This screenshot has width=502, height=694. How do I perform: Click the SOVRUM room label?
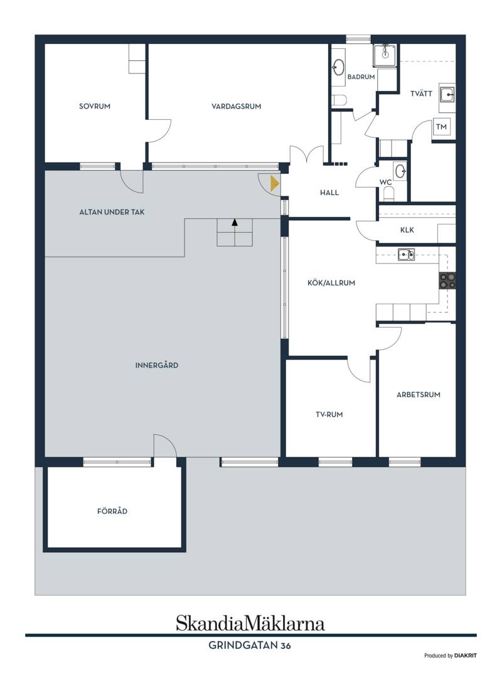[x=94, y=106]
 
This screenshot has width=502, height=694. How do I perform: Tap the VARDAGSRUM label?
[x=236, y=106]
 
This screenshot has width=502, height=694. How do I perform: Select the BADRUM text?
[x=361, y=77]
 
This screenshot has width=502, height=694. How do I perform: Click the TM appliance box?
[x=441, y=127]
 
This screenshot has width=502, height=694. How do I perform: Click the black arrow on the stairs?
[x=235, y=222]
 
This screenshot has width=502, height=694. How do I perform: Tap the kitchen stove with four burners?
[x=447, y=280]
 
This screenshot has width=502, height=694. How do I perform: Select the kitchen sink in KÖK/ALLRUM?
[x=406, y=255]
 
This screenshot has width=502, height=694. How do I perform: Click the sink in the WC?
[x=400, y=171]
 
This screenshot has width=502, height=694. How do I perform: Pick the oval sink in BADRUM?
[x=339, y=68]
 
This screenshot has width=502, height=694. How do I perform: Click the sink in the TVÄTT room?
[x=447, y=94]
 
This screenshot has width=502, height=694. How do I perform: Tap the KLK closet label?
[x=407, y=230]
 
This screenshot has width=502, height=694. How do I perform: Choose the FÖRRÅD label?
[x=112, y=511]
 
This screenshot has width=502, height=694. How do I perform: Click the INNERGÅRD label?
[x=157, y=365]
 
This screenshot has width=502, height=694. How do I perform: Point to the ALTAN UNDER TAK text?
[x=112, y=212]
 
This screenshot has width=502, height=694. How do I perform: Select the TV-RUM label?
[x=329, y=415]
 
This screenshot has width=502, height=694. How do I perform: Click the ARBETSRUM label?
[x=419, y=395]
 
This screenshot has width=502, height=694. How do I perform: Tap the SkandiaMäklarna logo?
[x=250, y=623]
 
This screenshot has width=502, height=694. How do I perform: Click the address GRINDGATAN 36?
[x=250, y=646]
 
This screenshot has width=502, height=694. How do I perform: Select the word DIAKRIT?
[x=466, y=656]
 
